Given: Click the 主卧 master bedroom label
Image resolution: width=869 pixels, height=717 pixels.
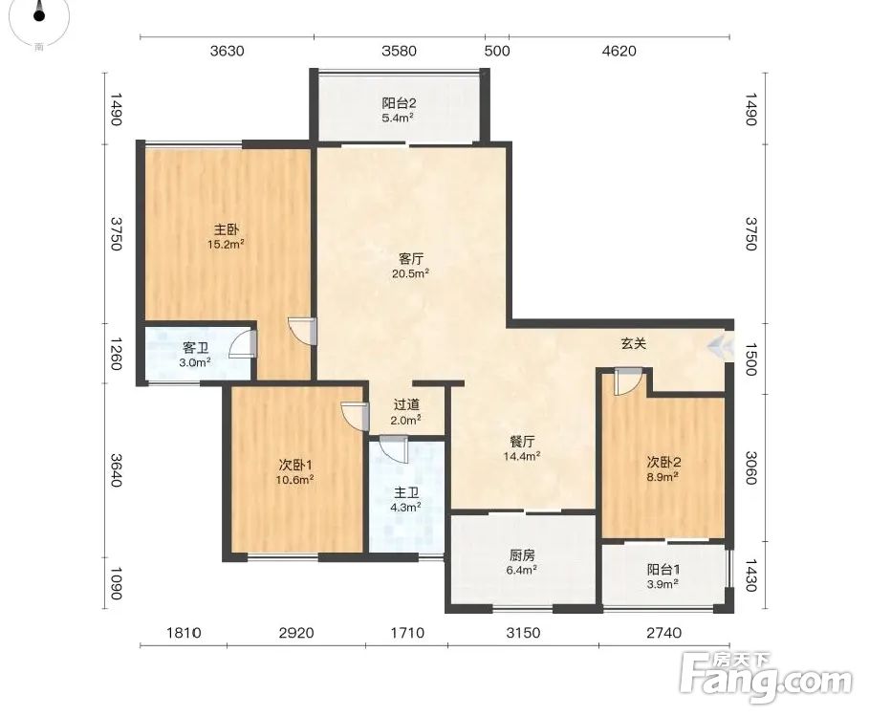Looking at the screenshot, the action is pos(227,228).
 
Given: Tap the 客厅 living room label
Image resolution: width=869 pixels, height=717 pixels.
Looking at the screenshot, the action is pos(411,259).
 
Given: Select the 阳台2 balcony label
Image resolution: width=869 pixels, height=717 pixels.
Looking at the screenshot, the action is pos(399,103).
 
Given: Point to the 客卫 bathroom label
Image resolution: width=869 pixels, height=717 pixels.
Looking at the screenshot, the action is pos(196,348).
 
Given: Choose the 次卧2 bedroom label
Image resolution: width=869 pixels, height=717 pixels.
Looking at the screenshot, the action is pos(663,462).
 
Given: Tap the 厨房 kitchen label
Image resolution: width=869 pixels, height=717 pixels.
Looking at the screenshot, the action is pos(522,554).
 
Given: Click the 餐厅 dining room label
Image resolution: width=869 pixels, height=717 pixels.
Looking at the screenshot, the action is pos(522,442).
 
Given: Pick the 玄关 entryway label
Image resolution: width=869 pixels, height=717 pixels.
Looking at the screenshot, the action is pos(634,343).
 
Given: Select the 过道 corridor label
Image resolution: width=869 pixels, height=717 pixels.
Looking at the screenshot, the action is pos(406,405).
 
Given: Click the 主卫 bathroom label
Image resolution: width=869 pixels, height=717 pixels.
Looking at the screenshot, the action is pos(406,492).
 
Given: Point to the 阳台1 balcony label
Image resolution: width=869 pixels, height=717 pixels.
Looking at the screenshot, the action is pos(663,569).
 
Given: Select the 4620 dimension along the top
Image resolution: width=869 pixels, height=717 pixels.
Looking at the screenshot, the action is pos(619,51).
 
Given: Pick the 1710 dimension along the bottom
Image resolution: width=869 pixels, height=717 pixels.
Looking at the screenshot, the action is pos(407,632).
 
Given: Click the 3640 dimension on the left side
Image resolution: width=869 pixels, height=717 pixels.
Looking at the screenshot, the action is pos(116,470).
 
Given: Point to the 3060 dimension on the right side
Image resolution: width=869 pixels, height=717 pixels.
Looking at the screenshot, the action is pos(750,468).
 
